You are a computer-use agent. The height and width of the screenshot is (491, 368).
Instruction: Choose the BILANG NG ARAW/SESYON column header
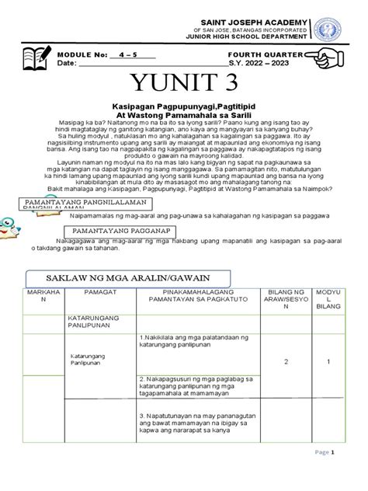tap(286, 302)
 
